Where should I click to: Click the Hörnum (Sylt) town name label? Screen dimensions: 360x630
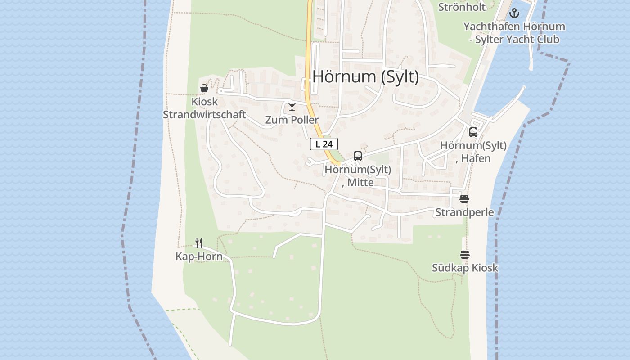pyautogui.click(x=365, y=76)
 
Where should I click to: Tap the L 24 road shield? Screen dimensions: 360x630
pyautogui.click(x=324, y=144)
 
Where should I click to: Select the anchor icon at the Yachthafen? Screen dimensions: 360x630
pyautogui.click(x=514, y=13)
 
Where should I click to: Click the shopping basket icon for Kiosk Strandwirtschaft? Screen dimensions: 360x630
pyautogui.click(x=204, y=88)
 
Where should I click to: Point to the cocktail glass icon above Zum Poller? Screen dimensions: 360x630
pyautogui.click(x=292, y=107)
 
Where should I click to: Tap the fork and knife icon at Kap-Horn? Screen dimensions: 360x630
pyautogui.click(x=199, y=243)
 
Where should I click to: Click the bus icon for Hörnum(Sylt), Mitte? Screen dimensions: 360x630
pyautogui.click(x=358, y=156)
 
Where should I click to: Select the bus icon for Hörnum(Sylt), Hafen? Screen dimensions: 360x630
pyautogui.click(x=473, y=132)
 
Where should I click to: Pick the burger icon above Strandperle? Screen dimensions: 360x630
pyautogui.click(x=464, y=199)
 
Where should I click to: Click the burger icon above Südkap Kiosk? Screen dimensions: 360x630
pyautogui.click(x=465, y=255)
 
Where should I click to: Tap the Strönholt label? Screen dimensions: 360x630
pyautogui.click(x=462, y=7)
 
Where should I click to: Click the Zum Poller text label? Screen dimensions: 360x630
pyautogui.click(x=292, y=120)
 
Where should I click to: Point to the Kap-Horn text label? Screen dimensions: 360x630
pyautogui.click(x=199, y=256)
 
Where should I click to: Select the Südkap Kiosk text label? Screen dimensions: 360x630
pyautogui.click(x=465, y=268)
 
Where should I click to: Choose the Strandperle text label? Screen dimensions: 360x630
pyautogui.click(x=464, y=212)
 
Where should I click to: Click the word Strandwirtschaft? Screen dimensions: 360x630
pyautogui.click(x=204, y=114)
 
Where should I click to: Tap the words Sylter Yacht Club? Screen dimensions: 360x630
pyautogui.click(x=518, y=39)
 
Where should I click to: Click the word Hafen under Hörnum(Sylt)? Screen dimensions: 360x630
pyautogui.click(x=476, y=158)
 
